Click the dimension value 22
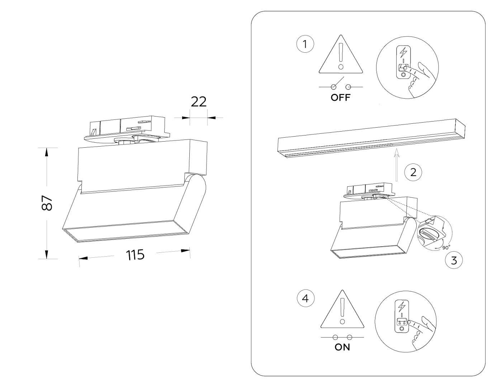(199, 102)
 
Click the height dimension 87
(47, 203)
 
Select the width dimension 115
(135, 255)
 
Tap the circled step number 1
(305, 44)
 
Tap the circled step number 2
(413, 172)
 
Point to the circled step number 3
(454, 260)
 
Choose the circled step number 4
(306, 298)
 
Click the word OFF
(341, 97)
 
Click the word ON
(342, 347)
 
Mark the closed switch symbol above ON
(342, 337)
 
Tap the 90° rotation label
(446, 247)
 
